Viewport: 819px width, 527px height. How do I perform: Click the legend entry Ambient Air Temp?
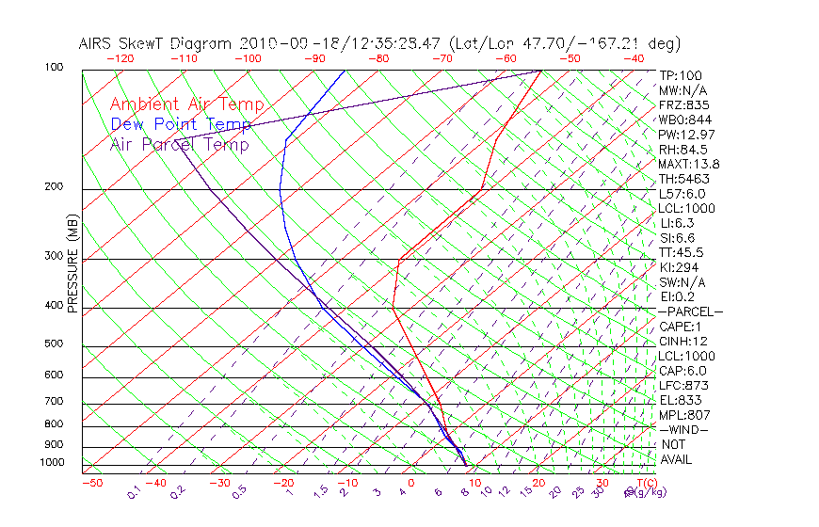pyautogui.click(x=186, y=104)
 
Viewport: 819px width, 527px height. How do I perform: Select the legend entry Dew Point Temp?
pyautogui.click(x=181, y=124)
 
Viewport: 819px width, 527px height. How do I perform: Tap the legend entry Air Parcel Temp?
pyautogui.click(x=179, y=144)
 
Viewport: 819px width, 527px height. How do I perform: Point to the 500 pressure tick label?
pyautogui.click(x=53, y=344)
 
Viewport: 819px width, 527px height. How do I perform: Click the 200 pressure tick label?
pyautogui.click(x=53, y=187)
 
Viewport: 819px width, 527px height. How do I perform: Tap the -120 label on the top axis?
pyautogui.click(x=120, y=58)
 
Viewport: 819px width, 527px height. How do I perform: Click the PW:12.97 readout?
pyautogui.click(x=685, y=135)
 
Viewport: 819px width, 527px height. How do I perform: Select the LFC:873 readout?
pyautogui.click(x=683, y=385)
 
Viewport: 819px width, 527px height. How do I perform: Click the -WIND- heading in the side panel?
pyautogui.click(x=684, y=429)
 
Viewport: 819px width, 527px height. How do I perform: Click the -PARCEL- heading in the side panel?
pyautogui.click(x=691, y=311)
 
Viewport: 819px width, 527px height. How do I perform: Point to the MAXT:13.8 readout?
pyautogui.click(x=689, y=164)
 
